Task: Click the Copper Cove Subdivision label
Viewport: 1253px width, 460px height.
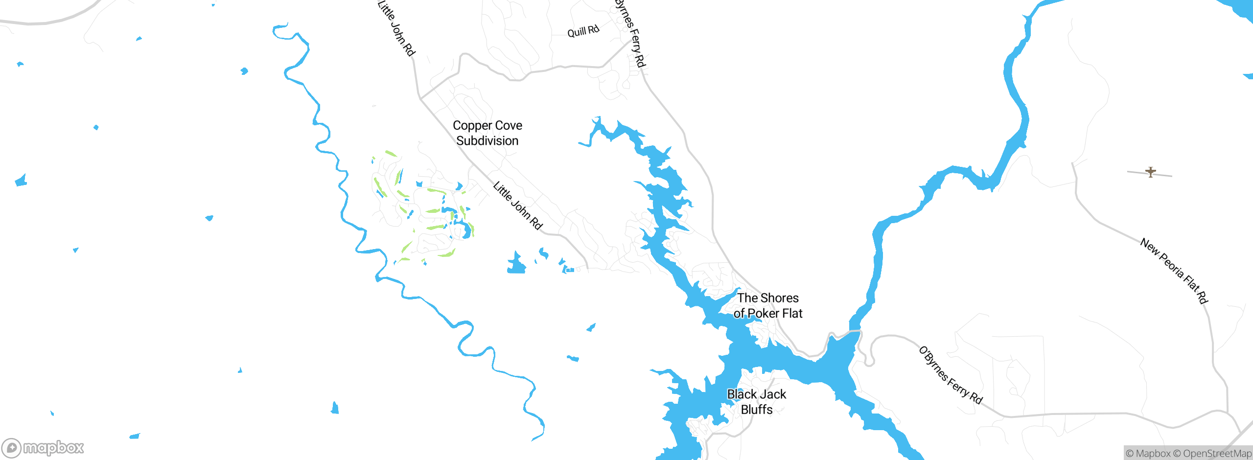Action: [x=487, y=133]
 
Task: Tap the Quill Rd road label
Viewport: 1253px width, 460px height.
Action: [x=583, y=31]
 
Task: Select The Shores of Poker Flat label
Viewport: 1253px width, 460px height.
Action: [x=768, y=305]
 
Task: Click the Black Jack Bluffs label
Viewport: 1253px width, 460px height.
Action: [x=757, y=402]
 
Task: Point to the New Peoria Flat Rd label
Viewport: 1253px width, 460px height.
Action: [x=1174, y=271]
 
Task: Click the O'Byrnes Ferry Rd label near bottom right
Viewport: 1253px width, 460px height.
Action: [x=950, y=375]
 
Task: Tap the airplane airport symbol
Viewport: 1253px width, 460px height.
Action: [x=1151, y=172]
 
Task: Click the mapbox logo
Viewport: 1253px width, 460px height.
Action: [x=43, y=447]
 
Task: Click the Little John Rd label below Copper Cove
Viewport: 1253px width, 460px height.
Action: [x=517, y=206]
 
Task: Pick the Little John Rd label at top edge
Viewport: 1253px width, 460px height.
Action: [x=396, y=28]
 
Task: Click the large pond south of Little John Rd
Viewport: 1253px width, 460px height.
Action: [x=516, y=265]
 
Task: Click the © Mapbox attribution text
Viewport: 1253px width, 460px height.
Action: [x=1148, y=454]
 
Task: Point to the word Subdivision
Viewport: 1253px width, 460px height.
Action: [x=487, y=141]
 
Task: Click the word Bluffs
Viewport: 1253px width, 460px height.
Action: [x=757, y=410]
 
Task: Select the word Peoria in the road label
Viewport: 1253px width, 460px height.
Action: [x=1172, y=269]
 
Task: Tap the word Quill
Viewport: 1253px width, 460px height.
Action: [x=576, y=33]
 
